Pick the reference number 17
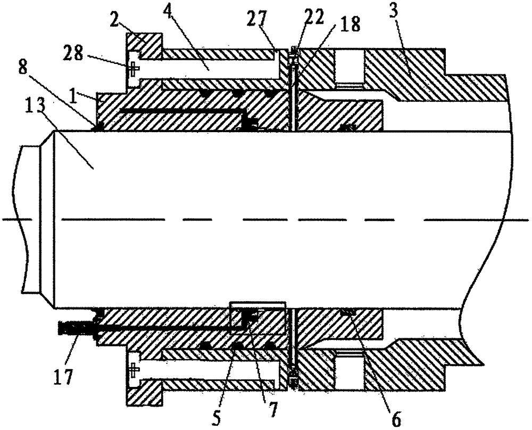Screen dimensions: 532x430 point(64,376)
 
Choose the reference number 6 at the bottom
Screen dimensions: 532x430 point(396,419)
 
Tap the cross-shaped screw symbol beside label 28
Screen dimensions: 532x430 point(134,68)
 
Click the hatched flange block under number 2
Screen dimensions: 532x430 point(144,45)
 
